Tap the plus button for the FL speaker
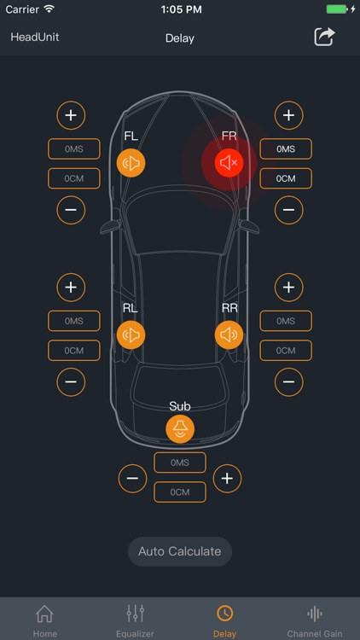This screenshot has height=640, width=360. coord(71,115)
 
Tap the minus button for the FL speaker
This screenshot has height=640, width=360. coord(71,210)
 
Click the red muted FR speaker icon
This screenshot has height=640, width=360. coord(229,163)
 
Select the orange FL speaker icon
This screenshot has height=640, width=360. coord(131,163)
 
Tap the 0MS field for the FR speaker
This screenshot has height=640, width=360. coord(286,149)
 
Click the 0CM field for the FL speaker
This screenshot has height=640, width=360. coord(74,178)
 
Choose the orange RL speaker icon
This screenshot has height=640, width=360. coord(131,335)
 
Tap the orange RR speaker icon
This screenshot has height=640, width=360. coord(229,335)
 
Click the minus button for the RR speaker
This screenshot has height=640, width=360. coord(289,382)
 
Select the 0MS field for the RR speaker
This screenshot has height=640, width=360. coord(286,321)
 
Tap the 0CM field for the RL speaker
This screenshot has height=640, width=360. coord(74,351)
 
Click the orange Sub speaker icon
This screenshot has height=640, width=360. coord(180,429)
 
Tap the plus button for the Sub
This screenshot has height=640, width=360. coord(228,479)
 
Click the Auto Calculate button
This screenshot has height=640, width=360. coord(180,551)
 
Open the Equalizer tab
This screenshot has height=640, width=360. coord(135,621)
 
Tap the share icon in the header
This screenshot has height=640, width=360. coord(324,38)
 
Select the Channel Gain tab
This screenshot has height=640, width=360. coord(314,621)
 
